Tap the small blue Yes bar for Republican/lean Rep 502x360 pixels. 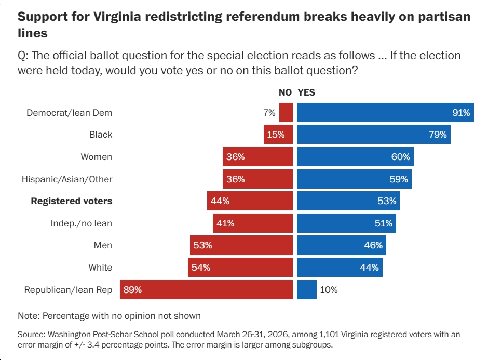[306, 290]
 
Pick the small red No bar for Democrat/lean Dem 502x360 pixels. [286, 112]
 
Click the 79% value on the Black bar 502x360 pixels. [438, 135]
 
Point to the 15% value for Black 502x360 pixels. [276, 135]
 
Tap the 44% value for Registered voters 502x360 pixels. [220, 201]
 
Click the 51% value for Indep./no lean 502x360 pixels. [384, 223]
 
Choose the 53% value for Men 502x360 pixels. [202, 245]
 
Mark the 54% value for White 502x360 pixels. [201, 268]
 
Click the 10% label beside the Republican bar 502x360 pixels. [329, 290]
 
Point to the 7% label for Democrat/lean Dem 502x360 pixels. [269, 112]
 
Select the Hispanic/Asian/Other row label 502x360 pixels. [67, 179]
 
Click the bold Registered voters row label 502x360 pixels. [72, 201]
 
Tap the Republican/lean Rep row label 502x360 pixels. [68, 290]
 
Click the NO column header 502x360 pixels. [286, 92]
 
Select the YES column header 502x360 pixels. [306, 92]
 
